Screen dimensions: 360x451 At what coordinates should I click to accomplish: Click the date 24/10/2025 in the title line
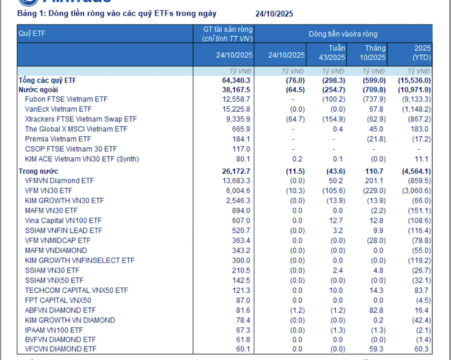coord(275,13)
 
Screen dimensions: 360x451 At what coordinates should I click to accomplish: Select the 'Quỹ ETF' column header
coord(32,33)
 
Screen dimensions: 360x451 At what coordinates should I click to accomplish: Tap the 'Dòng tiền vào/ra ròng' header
coord(343,34)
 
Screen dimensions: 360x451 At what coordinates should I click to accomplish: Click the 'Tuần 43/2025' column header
coord(333,52)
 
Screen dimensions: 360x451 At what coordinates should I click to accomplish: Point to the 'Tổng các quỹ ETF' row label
coord(47,80)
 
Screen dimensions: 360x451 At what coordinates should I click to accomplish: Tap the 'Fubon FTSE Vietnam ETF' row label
coord(66,99)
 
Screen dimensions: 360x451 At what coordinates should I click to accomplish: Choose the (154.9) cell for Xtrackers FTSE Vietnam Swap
coord(333,119)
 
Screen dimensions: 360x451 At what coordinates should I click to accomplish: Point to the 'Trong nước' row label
coord(38,171)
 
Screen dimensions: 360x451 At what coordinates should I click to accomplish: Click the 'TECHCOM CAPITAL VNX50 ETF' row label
coord(76,290)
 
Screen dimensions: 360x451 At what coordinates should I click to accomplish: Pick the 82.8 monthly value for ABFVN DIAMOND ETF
coord(376,310)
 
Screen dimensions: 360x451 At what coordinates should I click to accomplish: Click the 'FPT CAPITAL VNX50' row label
coord(58,300)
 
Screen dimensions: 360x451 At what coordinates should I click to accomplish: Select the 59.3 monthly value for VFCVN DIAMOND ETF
coord(376,350)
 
